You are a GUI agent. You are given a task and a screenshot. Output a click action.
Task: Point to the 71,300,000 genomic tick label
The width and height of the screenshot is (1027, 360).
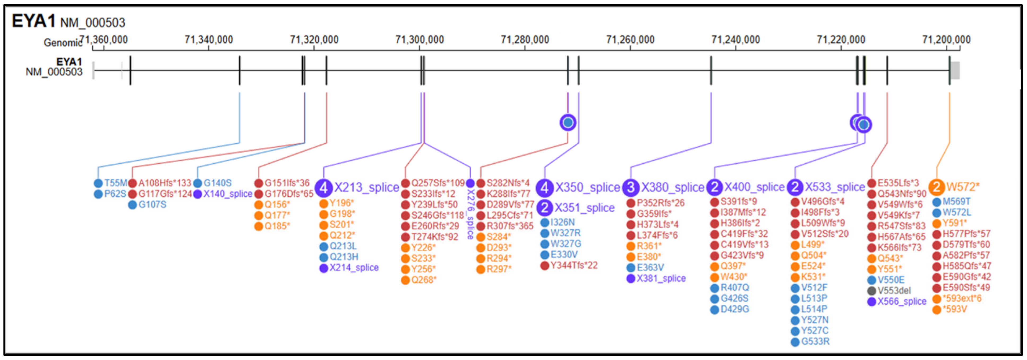pos(420,40)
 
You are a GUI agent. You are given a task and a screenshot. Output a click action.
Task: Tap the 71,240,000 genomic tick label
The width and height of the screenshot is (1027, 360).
pos(735,40)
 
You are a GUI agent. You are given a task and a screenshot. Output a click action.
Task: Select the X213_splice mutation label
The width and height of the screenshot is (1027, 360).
pos(366,187)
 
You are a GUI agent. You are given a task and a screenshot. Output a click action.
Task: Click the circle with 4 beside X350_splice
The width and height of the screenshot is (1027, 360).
pos(544,187)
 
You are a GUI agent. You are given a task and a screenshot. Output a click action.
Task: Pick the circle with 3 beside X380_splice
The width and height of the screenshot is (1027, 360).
pos(630,187)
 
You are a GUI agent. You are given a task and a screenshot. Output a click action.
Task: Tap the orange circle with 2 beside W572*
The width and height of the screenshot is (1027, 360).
pos(936,187)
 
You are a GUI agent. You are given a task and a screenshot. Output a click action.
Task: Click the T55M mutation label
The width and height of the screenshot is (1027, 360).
pos(115,183)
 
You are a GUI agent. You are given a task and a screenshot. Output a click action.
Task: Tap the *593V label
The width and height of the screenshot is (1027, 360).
pos(955,309)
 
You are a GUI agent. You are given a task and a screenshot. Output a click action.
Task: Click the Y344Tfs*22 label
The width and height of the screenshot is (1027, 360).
pos(574,265)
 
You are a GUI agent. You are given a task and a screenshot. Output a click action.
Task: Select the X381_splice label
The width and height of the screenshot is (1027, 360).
pos(661,278)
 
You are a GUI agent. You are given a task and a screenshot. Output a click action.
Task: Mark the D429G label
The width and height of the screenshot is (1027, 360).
pos(734,309)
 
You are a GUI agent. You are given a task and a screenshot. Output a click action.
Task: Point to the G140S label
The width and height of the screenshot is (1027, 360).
pos(217,183)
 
